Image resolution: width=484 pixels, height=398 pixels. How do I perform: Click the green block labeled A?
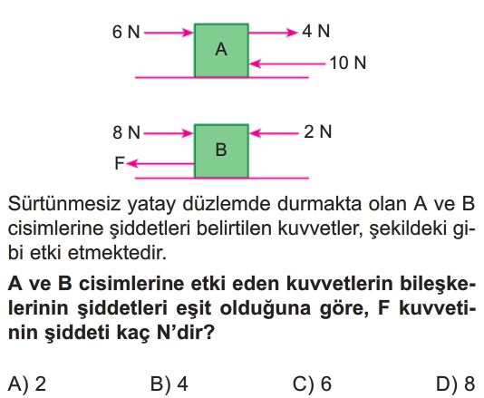point(221,51)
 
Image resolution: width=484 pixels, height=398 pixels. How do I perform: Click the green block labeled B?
point(221,151)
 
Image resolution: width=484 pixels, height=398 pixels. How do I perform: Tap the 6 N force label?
point(126,32)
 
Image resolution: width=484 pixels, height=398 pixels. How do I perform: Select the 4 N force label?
point(315,31)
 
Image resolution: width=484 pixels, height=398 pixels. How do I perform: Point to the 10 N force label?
point(347,63)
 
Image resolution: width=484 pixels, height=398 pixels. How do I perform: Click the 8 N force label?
point(126,132)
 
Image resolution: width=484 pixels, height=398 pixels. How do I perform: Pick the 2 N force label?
point(317,131)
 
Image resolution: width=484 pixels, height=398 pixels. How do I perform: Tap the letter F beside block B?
point(119,163)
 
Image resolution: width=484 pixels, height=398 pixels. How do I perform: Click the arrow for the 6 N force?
point(169,33)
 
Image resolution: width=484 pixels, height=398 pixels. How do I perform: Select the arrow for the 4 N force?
point(273,32)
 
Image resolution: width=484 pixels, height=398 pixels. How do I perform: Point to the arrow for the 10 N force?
point(287,63)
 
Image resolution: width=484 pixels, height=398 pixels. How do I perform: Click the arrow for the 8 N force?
point(169,133)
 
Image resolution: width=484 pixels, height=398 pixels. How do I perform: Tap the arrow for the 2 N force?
point(274,133)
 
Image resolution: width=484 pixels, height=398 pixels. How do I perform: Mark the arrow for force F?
point(160,164)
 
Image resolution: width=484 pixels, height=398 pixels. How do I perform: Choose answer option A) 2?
point(27,384)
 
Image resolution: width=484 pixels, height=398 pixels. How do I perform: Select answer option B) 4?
point(169,384)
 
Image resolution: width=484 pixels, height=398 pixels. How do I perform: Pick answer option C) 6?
point(312,384)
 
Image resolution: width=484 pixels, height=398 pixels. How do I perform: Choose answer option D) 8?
point(456,384)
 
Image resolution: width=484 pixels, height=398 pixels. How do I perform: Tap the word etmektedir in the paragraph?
point(117,253)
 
